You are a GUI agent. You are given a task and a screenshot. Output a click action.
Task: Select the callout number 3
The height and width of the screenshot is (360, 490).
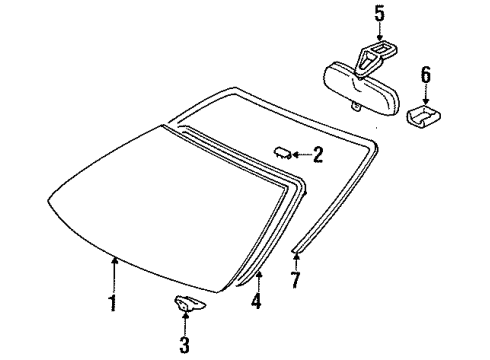click(185, 346)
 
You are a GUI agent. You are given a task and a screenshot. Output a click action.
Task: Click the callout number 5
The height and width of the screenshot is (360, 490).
click(379, 14)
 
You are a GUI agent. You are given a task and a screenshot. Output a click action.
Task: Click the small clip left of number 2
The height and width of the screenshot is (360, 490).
click(282, 151)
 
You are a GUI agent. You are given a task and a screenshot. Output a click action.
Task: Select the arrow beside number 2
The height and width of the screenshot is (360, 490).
click(301, 153)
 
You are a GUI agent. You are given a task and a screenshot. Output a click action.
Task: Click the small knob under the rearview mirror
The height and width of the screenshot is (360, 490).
click(353, 104)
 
